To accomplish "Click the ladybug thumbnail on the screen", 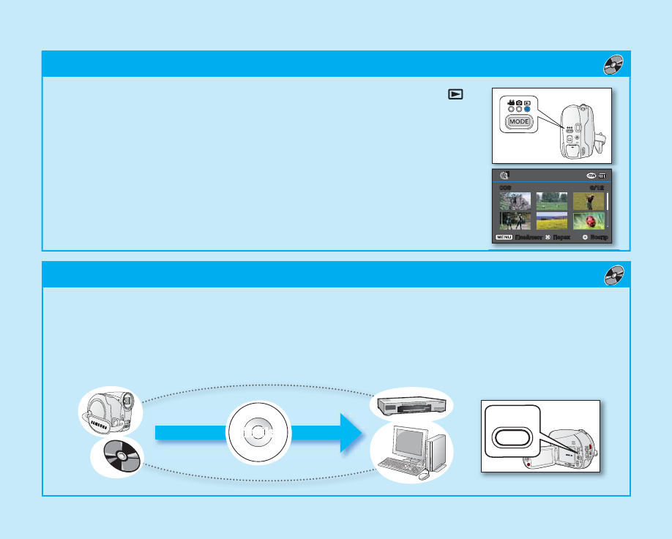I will coord(589,221).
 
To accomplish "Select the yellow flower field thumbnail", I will coord(552,221).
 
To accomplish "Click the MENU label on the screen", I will coord(504,238).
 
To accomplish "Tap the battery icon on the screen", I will coord(602,176).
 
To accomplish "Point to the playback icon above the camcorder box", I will coord(456,94).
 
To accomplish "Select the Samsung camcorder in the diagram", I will coord(109,412).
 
